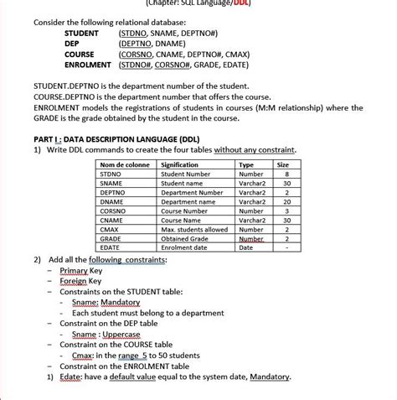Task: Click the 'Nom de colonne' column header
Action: coord(124,165)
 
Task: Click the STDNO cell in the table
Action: coord(111,174)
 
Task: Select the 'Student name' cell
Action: coord(182,183)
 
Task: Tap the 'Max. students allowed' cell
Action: coord(194,229)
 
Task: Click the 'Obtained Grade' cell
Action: coord(185,238)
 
